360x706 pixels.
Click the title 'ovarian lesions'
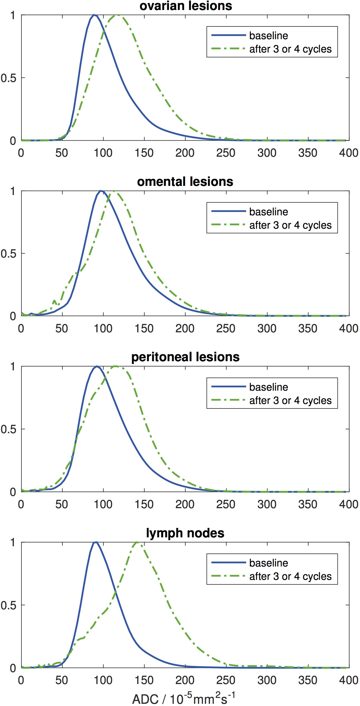point(186,6)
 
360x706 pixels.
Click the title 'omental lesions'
point(185,182)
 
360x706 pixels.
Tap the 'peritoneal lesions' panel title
point(185,357)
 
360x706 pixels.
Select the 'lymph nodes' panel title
point(185,533)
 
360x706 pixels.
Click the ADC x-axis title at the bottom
point(184,698)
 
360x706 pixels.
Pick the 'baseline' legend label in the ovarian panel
point(269,36)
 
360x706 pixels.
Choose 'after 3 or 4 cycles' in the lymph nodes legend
point(291,576)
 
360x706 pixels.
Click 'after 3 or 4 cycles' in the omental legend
point(291,225)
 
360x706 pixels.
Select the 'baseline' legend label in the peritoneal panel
point(269,387)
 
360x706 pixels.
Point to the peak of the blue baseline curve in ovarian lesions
point(94,15)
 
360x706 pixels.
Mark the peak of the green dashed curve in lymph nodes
point(137,542)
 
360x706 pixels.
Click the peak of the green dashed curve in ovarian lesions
point(118,15)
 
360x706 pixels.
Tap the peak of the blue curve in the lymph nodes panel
point(96,542)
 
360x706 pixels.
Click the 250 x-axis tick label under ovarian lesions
point(226,153)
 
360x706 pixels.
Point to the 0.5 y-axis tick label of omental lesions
point(8,254)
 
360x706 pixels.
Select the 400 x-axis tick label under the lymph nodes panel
point(349,680)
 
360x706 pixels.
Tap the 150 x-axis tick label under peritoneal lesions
point(144,504)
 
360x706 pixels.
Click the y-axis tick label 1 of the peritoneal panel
point(13,367)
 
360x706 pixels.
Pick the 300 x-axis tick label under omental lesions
point(267,328)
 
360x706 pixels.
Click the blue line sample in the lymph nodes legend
point(229,563)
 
